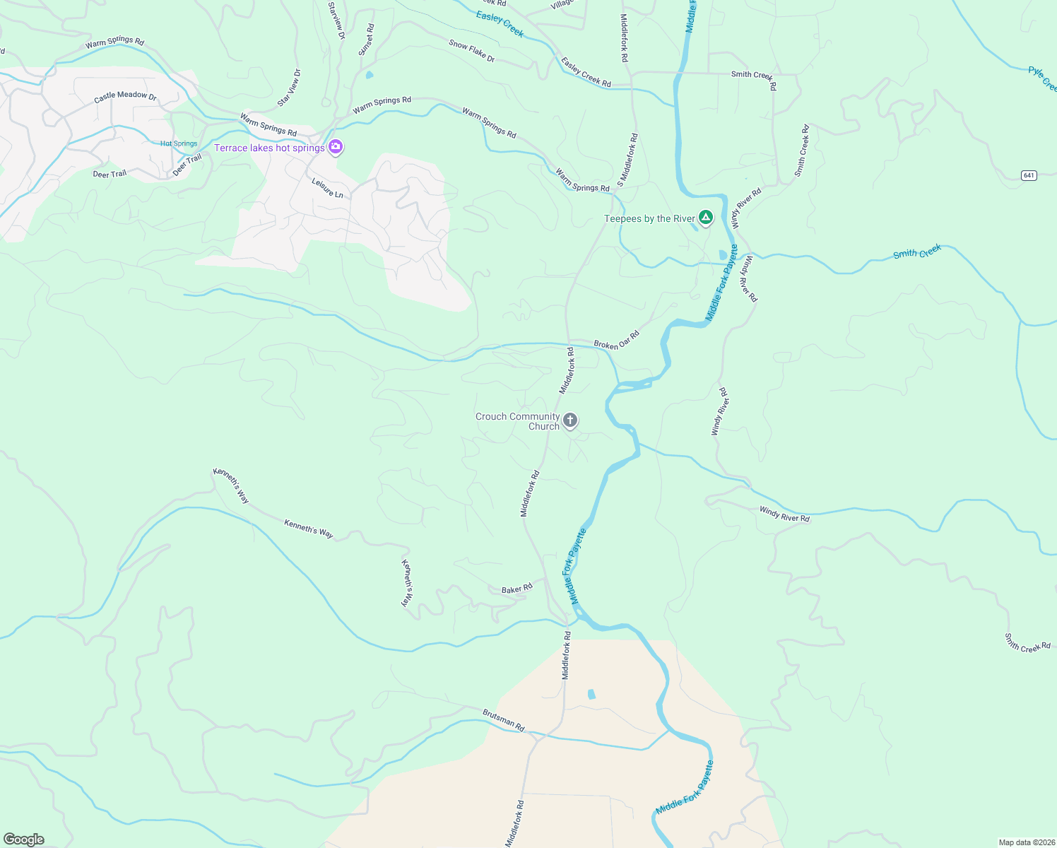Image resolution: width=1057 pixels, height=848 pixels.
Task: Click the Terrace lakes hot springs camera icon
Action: click(x=336, y=147)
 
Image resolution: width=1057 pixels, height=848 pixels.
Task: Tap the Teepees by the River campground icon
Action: click(x=705, y=217)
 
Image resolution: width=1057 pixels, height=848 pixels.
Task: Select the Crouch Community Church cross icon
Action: click(x=570, y=420)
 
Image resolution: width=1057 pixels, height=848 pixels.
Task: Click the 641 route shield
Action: click(x=1029, y=175)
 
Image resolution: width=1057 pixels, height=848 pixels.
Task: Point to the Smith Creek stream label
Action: click(x=916, y=252)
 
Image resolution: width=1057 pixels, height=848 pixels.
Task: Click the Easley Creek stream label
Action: click(x=500, y=23)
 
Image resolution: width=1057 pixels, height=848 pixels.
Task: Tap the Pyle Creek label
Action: click(x=1042, y=78)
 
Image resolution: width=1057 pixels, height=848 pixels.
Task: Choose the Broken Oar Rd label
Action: click(x=616, y=340)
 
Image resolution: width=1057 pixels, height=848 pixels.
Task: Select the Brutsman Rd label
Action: click(x=504, y=720)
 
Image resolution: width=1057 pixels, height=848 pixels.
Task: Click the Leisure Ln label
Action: click(x=327, y=188)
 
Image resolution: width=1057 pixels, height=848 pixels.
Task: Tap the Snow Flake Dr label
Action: click(x=471, y=51)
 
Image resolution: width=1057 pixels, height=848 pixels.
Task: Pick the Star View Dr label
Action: click(x=288, y=88)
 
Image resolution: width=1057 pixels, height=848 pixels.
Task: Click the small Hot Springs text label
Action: click(x=179, y=143)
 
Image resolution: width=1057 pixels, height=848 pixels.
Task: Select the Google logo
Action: click(x=24, y=840)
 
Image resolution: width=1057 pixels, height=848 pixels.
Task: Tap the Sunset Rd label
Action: click(x=366, y=40)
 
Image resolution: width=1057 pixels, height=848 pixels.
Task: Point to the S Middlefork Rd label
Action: click(x=627, y=160)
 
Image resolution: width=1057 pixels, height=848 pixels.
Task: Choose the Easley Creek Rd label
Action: click(x=586, y=72)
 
